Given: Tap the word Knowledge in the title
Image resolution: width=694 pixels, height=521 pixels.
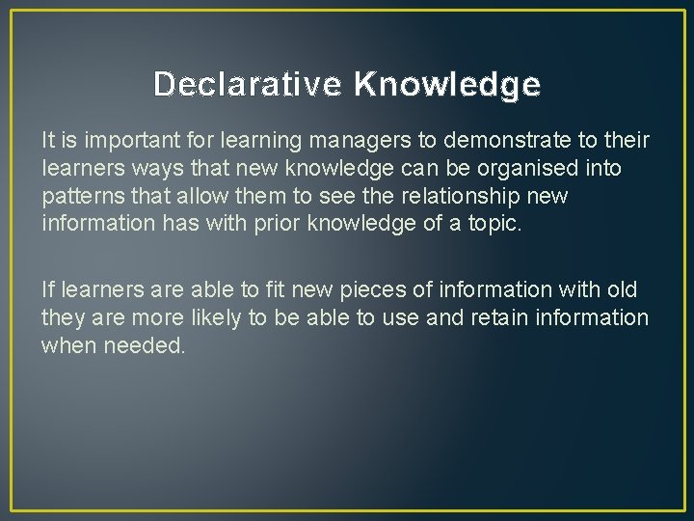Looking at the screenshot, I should click(x=447, y=85).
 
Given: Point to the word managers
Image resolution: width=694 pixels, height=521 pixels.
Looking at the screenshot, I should click(x=355, y=141).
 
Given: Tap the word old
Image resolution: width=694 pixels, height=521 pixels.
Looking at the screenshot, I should click(x=621, y=289).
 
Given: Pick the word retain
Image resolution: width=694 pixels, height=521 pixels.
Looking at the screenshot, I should click(x=502, y=317).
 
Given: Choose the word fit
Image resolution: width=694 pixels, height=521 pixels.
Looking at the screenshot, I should click(x=278, y=289).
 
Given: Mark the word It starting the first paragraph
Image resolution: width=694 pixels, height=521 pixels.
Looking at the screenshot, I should click(x=48, y=141).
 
